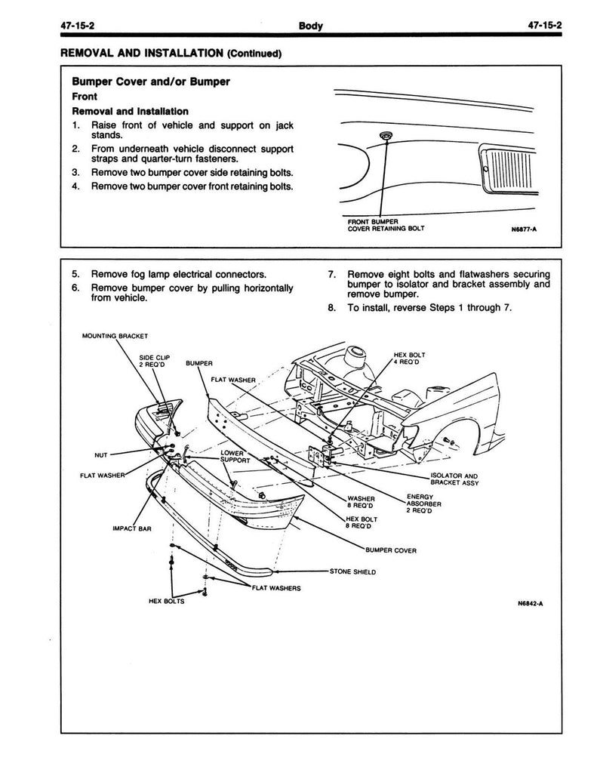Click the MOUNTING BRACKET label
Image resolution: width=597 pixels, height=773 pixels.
coord(115,336)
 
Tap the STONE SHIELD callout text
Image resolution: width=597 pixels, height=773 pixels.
coord(352,572)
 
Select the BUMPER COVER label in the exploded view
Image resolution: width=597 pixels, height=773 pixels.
coord(391,550)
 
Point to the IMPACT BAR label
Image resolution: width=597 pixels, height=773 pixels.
coord(132,528)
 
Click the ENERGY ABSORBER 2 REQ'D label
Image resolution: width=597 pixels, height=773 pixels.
coord(423,504)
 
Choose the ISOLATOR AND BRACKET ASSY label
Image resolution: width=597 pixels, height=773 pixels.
coord(454,479)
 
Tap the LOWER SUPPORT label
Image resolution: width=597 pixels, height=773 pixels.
coord(235,457)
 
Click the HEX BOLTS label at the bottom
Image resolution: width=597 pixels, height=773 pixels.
coord(167,601)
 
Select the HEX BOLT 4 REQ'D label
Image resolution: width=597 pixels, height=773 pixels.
coord(409,359)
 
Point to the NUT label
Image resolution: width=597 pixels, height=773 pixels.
coord(100,455)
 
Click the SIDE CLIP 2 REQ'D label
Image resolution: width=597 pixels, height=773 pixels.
coord(154,361)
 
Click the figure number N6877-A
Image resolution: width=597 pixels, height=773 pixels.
coord(524,229)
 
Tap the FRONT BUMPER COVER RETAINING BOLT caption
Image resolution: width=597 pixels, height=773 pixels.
coord(386,225)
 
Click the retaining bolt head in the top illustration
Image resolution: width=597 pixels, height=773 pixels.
coord(385,135)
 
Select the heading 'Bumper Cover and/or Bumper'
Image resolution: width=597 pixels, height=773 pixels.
coord(151,82)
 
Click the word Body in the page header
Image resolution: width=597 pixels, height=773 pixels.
coord(311,26)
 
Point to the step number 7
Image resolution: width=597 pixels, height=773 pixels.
coord(332,275)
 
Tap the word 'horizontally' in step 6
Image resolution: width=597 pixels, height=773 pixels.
coord(268,288)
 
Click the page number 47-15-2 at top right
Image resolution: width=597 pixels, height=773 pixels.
coord(545,26)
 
